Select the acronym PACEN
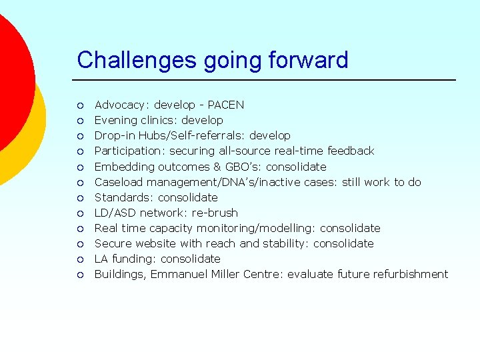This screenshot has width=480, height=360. pos(226,105)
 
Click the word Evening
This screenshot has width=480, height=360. pos(116,120)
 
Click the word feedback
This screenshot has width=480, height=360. pos(350,151)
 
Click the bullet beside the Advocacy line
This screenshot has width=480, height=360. pos(79,105)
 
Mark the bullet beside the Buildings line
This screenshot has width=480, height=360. pos(79,275)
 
